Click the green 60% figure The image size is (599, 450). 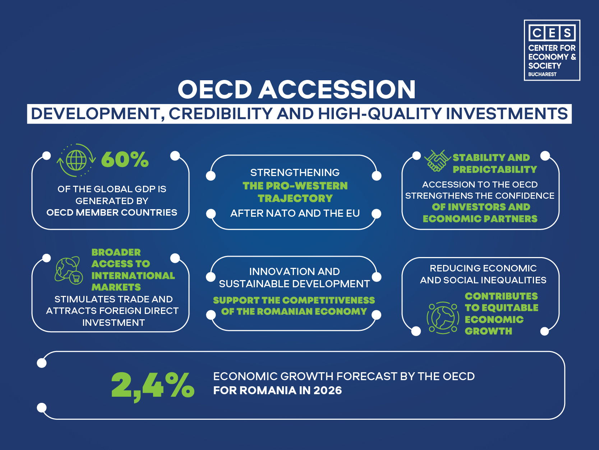click(x=125, y=159)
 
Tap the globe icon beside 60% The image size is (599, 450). click(x=76, y=160)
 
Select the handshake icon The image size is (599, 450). click(x=437, y=161)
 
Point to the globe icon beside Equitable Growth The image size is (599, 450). click(x=443, y=318)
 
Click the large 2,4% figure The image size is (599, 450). click(x=153, y=386)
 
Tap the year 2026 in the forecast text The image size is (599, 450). click(x=327, y=391)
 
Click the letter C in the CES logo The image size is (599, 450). click(x=537, y=33)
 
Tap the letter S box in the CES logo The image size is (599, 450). click(x=567, y=33)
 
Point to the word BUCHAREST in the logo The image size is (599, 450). click(x=542, y=74)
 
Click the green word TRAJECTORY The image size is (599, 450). click(x=295, y=198)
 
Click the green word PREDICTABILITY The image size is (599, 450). click(x=495, y=170)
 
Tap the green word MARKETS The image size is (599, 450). click(x=116, y=287)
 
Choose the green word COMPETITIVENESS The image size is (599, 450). click(x=331, y=300)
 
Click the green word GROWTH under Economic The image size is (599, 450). click(x=488, y=331)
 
